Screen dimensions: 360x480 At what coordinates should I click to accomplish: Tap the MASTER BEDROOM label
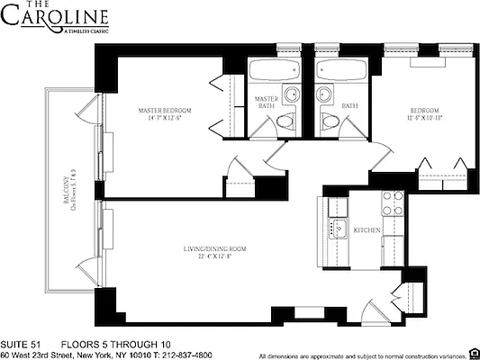pos(165,111)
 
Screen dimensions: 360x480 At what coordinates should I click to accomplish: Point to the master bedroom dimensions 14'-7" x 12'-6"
pos(165,121)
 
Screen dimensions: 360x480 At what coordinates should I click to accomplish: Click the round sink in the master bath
pos(290,95)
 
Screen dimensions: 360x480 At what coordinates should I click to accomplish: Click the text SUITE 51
pos(21,344)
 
